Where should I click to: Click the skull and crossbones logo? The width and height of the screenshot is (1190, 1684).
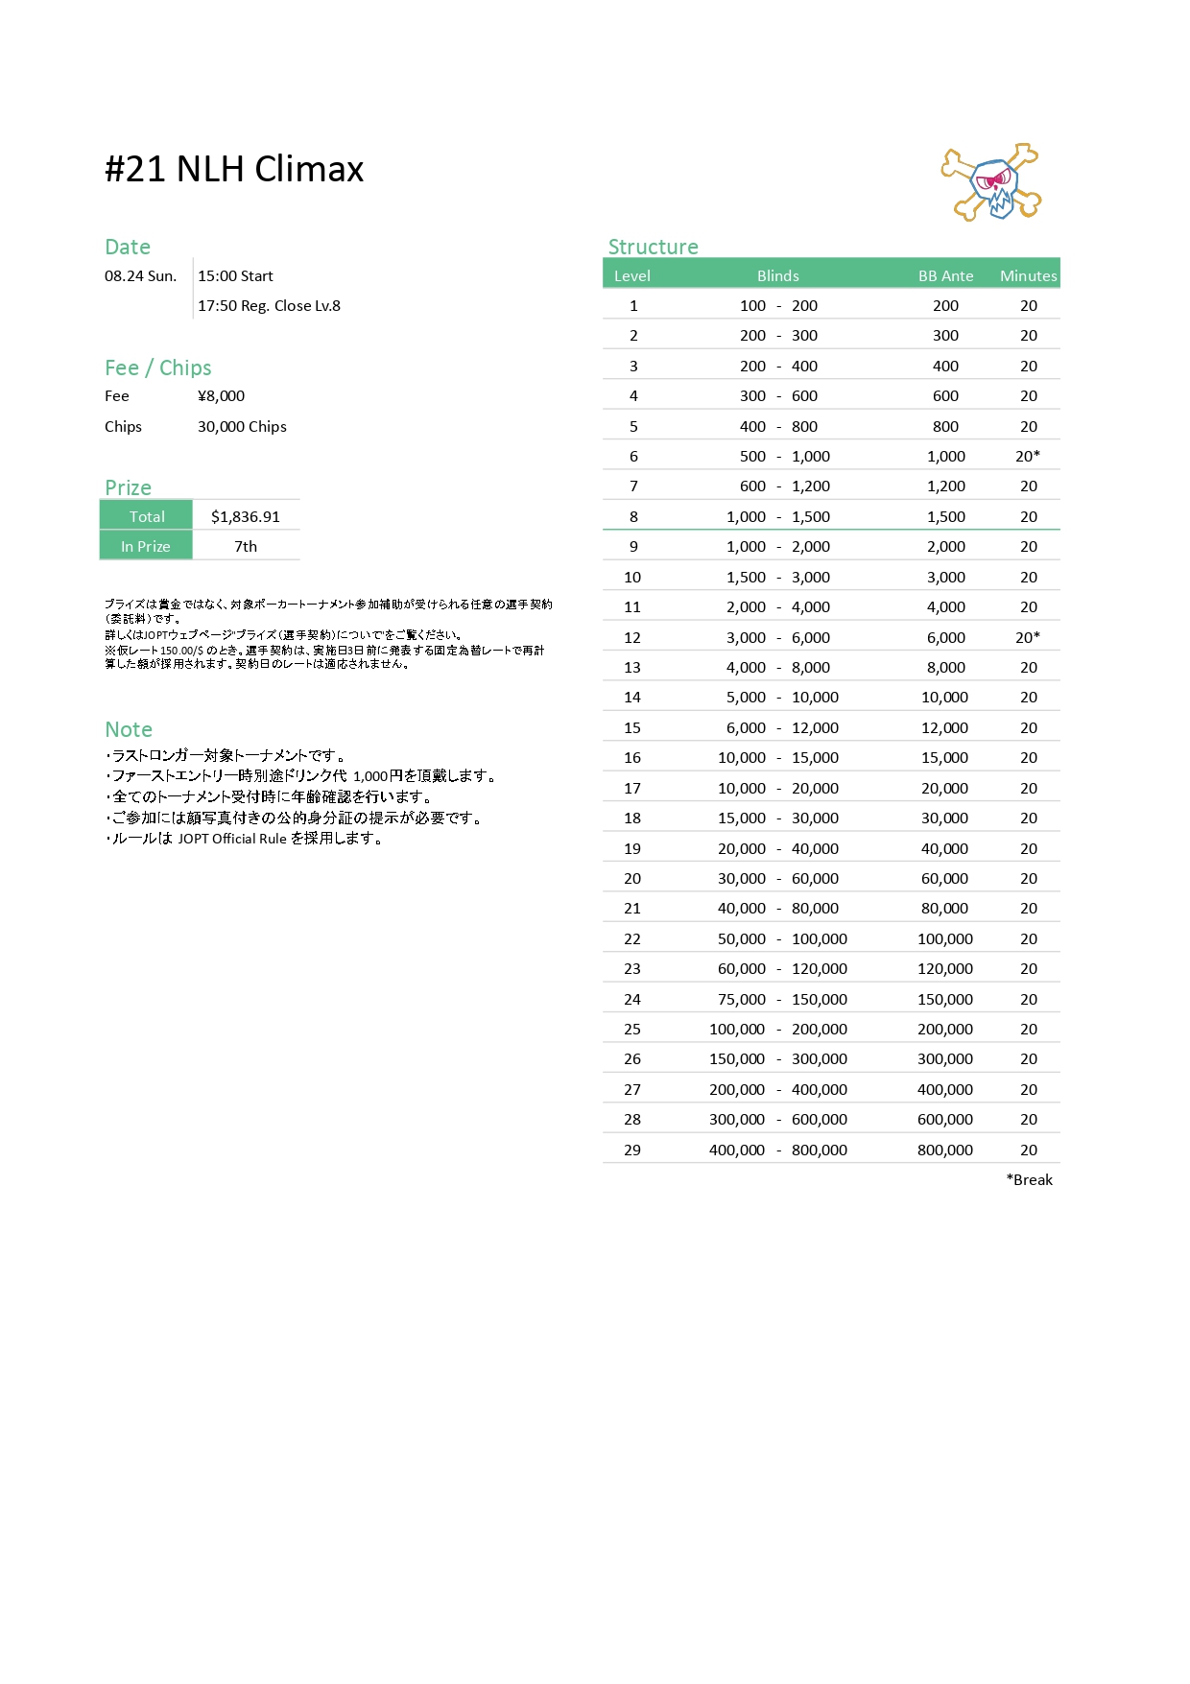[992, 183]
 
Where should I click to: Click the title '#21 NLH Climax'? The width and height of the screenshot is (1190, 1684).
[234, 169]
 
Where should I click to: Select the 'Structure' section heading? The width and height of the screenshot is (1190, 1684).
[653, 247]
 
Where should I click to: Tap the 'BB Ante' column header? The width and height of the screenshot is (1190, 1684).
[945, 275]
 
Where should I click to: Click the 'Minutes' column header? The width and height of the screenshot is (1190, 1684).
[1028, 275]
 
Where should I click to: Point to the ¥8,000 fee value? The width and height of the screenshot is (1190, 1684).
[221, 395]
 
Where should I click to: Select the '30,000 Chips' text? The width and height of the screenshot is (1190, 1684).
[242, 426]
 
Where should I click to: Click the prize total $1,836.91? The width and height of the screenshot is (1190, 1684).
[246, 516]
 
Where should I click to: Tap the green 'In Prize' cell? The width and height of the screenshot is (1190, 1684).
[146, 546]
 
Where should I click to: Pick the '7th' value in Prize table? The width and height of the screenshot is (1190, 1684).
[246, 546]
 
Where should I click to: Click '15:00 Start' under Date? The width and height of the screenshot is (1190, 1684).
[235, 275]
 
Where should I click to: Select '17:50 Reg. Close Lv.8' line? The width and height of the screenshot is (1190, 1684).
[269, 305]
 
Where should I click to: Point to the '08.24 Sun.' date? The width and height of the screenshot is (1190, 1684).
[140, 275]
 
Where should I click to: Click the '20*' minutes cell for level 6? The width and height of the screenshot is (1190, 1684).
[1028, 456]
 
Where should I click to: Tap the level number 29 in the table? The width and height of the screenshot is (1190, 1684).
[632, 1150]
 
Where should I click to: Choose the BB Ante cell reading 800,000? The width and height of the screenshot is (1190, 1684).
[945, 1150]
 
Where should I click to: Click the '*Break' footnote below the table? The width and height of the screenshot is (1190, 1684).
[1030, 1179]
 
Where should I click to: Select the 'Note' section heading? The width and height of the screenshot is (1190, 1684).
[129, 729]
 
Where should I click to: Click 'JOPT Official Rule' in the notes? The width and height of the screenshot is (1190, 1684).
[232, 839]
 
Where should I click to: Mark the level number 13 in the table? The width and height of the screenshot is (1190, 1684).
[632, 667]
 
